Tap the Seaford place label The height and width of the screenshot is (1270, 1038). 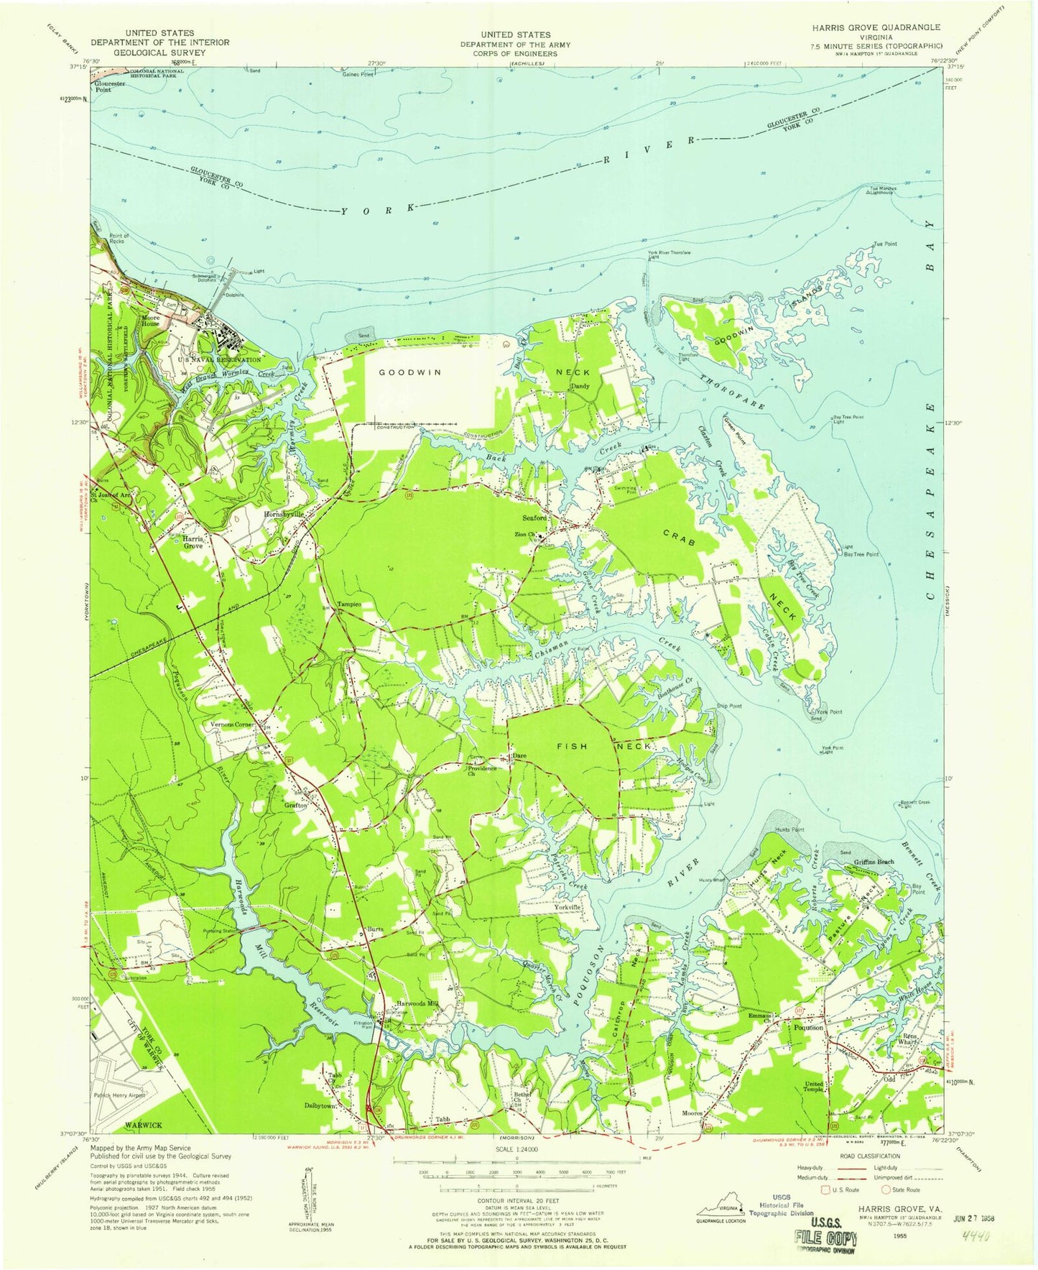pyautogui.click(x=534, y=517)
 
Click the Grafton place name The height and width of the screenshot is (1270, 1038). pyautogui.click(x=295, y=806)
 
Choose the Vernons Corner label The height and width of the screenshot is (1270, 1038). pyautogui.click(x=232, y=724)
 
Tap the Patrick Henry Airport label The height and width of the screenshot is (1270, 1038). pyautogui.click(x=120, y=1095)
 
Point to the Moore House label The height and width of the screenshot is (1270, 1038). pyautogui.click(x=150, y=320)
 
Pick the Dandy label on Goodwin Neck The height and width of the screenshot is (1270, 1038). pyautogui.click(x=580, y=387)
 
